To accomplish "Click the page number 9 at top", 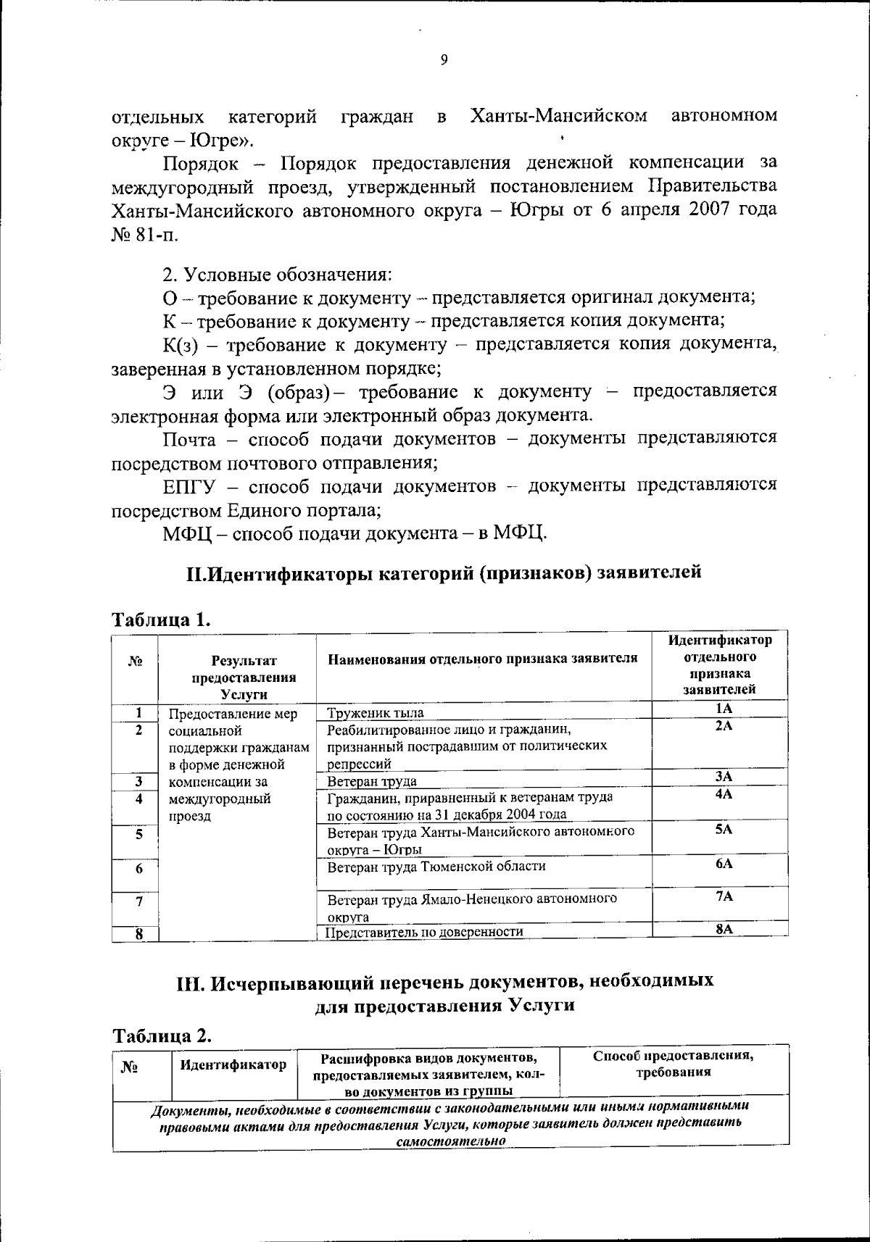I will [x=444, y=61].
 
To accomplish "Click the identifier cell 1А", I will [x=723, y=710].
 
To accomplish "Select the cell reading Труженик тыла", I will [x=376, y=713].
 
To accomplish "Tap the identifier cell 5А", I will [x=723, y=829].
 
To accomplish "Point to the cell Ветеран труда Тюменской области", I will [x=436, y=867].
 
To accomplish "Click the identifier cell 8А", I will [x=723, y=930].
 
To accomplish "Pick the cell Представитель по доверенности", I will [x=424, y=932].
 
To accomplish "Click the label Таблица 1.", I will [x=161, y=620].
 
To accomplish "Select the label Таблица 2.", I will [x=161, y=1035].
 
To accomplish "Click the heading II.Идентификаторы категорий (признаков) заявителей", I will [x=444, y=572].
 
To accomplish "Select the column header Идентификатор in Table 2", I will [x=233, y=1064].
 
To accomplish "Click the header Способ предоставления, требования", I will [x=674, y=1064].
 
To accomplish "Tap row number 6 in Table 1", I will [x=138, y=868].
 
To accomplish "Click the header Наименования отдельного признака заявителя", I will [x=483, y=658].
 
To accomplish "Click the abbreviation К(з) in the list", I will [x=179, y=344].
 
